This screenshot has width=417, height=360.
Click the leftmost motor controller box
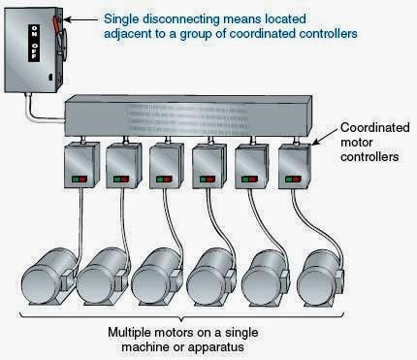80,164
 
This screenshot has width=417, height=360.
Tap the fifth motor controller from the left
251,164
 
